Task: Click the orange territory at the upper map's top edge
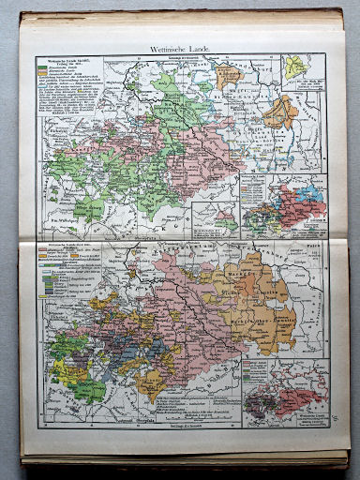tap(230, 71)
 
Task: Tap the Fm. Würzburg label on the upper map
tap(65, 222)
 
